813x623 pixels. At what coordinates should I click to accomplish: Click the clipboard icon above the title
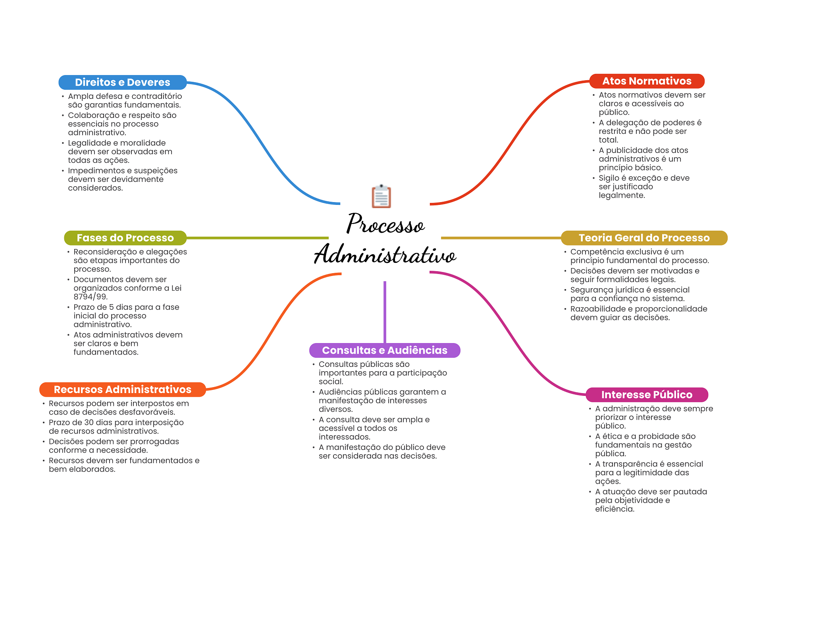pos(381,196)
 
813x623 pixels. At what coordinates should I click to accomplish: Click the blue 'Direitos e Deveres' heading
pos(122,82)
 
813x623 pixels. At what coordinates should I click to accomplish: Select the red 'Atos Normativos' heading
pos(647,81)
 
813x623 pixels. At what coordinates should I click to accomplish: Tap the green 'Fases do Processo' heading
pos(125,238)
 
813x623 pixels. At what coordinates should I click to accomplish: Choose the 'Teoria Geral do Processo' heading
pos(644,238)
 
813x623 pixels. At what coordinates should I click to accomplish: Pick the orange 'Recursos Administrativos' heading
pos(122,390)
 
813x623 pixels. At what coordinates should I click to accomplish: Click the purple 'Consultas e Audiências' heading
pos(384,350)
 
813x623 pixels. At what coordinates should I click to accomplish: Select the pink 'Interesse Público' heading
pos(647,395)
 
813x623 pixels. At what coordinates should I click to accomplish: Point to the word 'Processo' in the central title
pos(385,224)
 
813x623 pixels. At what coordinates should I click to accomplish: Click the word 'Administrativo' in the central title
pos(385,255)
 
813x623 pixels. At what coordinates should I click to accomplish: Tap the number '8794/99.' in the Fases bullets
pos(91,297)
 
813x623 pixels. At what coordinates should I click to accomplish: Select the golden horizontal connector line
pos(501,238)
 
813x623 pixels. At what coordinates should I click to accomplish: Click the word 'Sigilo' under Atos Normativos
pos(609,178)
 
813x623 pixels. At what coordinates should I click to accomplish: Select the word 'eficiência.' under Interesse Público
pos(615,509)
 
